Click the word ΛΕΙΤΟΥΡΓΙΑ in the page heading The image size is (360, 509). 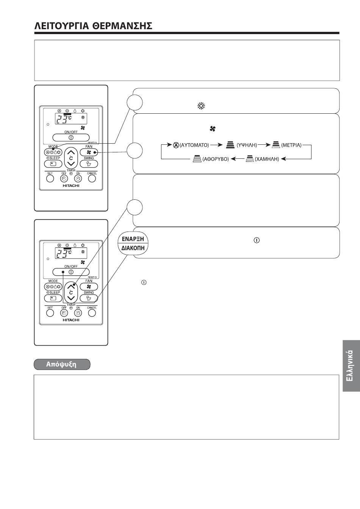point(61,26)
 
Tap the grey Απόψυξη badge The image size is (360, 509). point(62,364)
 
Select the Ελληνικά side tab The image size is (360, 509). point(351,366)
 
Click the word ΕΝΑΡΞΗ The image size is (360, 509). point(133,239)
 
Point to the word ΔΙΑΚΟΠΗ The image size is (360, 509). point(133,248)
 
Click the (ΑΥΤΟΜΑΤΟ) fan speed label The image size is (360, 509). point(194,145)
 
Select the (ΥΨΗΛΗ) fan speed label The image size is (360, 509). point(247,145)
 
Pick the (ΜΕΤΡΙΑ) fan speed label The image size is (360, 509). point(291,145)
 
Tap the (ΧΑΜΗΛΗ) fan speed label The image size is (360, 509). point(267,159)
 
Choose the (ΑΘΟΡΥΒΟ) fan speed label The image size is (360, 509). point(216,159)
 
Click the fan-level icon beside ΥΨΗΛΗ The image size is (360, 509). point(230,145)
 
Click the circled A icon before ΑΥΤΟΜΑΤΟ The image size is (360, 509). point(176,145)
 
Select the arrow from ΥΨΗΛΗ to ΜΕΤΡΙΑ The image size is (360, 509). point(264,145)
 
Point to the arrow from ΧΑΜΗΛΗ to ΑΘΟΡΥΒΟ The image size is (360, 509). point(238,159)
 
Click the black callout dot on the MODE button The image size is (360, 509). point(53,149)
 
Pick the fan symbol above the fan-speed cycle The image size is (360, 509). point(212,129)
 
